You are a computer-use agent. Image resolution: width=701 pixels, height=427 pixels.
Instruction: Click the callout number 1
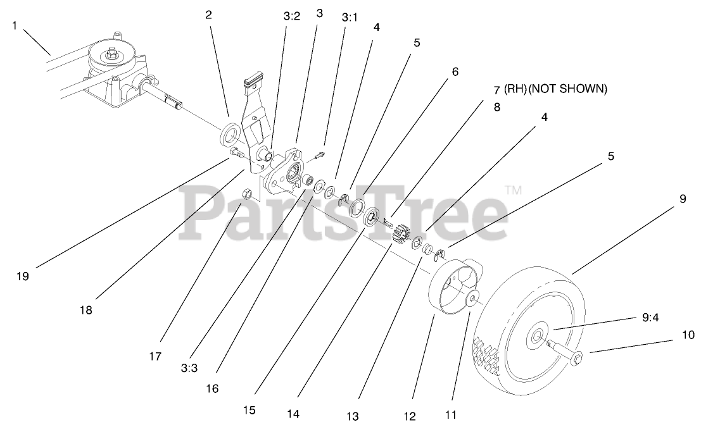[x=15, y=26]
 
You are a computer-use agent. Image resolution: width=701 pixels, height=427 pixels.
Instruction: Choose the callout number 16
[x=212, y=388]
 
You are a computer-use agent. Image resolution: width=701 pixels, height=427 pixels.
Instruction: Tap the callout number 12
[x=410, y=416]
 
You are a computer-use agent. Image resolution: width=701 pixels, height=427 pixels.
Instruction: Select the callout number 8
[x=496, y=107]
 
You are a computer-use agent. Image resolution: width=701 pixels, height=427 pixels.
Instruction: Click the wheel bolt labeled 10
[x=570, y=356]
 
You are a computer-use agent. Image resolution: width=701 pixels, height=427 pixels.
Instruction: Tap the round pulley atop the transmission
[x=111, y=56]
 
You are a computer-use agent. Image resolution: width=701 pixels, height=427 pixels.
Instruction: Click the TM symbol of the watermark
[x=512, y=189]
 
